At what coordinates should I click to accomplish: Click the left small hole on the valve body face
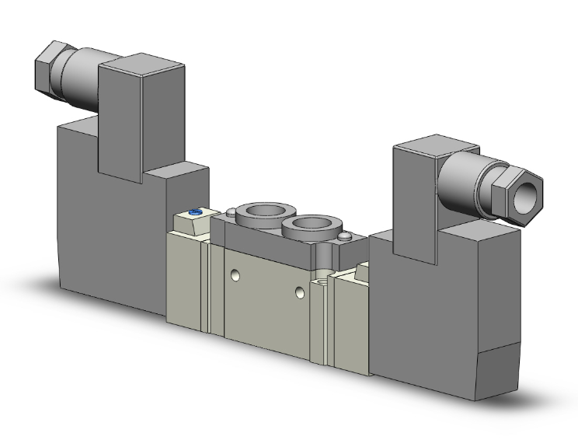(x=234, y=275)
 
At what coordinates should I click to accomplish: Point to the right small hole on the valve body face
(x=301, y=292)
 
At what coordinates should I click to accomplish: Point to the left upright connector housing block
(x=123, y=117)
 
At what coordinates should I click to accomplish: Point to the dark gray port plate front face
(x=256, y=236)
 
